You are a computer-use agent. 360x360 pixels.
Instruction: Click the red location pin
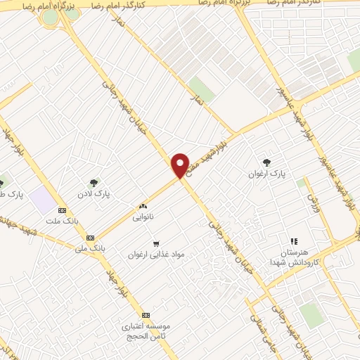pyautogui.click(x=181, y=165)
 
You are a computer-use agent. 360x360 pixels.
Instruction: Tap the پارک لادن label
pyautogui.click(x=94, y=192)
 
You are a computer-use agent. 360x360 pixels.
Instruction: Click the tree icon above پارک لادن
pyautogui.click(x=94, y=182)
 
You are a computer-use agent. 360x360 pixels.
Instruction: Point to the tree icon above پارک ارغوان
pyautogui.click(x=266, y=161)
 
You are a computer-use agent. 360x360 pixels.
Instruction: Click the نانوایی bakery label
pyautogui.click(x=142, y=217)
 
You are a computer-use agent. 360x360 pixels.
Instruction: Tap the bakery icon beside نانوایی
pyautogui.click(x=143, y=207)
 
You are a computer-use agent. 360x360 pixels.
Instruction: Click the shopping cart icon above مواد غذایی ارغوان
pyautogui.click(x=155, y=243)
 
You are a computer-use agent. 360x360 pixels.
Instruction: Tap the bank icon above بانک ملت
pyautogui.click(x=63, y=210)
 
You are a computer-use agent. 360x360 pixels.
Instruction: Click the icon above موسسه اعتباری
pyautogui.click(x=146, y=315)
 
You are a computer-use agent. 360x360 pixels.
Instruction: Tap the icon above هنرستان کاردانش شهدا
pyautogui.click(x=294, y=242)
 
